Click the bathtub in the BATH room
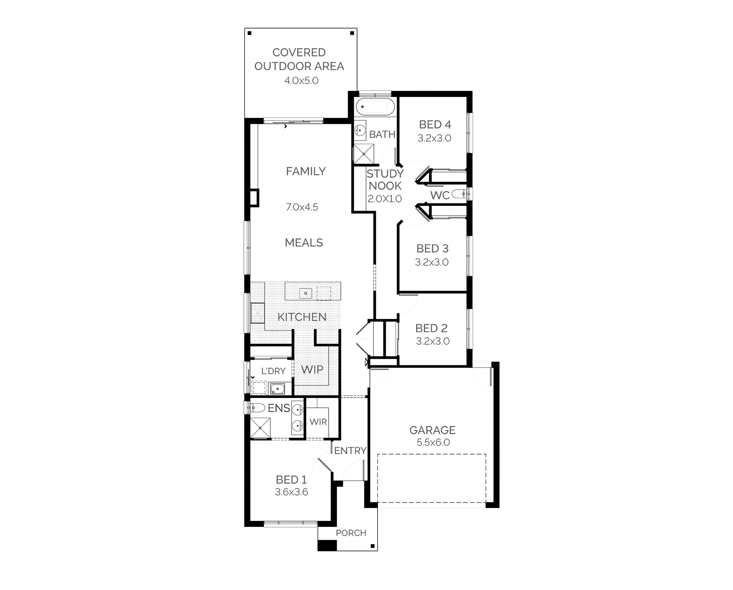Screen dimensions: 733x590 [375, 107]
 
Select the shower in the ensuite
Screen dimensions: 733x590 [260, 428]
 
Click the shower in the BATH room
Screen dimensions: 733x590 [363, 153]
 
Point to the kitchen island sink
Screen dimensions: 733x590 [305, 293]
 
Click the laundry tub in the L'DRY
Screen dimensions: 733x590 [277, 389]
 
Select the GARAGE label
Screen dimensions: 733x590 [432, 430]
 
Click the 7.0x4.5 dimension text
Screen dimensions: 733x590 [302, 207]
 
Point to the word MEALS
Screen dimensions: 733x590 [304, 243]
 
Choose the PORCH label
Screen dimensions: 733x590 [351, 533]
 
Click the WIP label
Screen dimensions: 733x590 [312, 369]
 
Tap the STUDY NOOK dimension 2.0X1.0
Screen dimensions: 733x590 [385, 199]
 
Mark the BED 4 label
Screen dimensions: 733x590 [435, 125]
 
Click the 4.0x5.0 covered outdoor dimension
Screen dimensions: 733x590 [301, 81]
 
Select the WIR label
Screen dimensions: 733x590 [318, 422]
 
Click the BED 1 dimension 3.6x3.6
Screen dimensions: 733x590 [292, 492]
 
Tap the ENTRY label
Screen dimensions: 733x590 [350, 450]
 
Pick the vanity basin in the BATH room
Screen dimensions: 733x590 [360, 130]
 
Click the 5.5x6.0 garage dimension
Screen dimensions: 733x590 [433, 443]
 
